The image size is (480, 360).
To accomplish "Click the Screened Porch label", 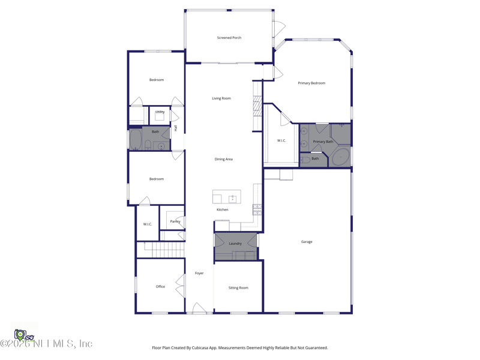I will click(229, 38).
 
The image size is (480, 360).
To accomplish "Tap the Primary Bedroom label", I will click(311, 83).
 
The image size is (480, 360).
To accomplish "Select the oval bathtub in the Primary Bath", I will click(341, 157).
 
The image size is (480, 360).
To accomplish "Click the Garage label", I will click(307, 242).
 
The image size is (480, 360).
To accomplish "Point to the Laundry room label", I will click(235, 243).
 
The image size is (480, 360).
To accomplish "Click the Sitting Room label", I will click(238, 288).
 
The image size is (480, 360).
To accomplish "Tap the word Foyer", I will click(199, 273).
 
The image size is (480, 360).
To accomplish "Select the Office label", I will click(160, 286).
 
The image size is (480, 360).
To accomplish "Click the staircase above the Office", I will click(160, 249).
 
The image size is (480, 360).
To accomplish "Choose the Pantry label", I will click(175, 221).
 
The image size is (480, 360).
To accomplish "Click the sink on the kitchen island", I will click(232, 199).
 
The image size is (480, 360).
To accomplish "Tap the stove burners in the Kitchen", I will click(257, 209).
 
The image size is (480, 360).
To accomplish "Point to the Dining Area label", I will click(224, 159).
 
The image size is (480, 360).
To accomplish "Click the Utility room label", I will click(160, 112).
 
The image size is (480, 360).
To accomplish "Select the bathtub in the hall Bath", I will click(135, 140).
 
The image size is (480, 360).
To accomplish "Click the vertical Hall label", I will click(176, 128).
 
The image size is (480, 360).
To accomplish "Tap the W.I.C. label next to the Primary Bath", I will click(281, 140).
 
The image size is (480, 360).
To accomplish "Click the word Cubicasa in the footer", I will click(203, 347).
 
